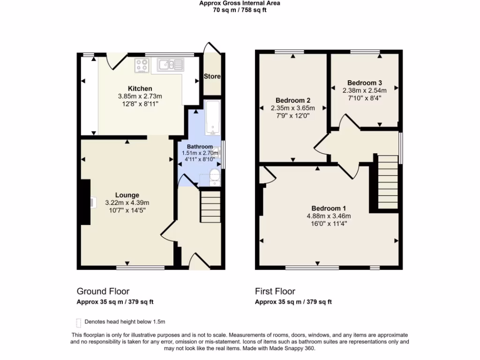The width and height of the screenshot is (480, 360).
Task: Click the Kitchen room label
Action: (140, 89)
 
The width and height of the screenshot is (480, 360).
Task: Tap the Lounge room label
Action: (127, 195)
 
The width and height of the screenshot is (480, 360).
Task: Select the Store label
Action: (212, 76)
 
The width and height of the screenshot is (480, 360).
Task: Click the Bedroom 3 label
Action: (364, 83)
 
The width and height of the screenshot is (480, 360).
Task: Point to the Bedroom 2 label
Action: (293, 100)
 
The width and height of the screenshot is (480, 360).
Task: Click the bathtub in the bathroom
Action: (212, 116)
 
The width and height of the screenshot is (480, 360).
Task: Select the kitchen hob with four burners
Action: (142, 66)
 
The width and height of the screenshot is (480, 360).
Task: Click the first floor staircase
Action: (388, 183)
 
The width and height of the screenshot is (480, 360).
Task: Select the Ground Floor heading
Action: (103, 292)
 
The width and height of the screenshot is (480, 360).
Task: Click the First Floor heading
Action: (275, 292)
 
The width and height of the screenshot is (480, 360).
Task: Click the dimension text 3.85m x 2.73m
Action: (140, 96)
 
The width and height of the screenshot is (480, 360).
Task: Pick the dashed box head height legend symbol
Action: (78, 322)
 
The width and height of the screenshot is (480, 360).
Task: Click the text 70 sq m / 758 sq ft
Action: (240, 10)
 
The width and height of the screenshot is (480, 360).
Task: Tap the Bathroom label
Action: (200, 147)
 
